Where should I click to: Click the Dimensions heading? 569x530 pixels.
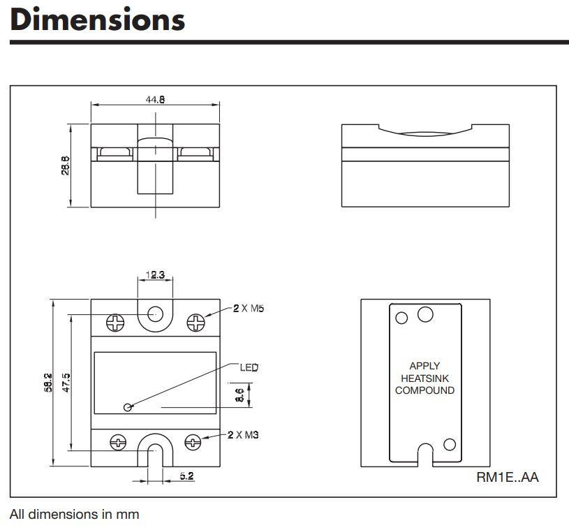(98, 20)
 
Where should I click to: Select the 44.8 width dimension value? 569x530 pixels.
(155, 99)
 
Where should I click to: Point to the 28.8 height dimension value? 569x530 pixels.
(66, 165)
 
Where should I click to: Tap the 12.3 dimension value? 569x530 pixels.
(155, 275)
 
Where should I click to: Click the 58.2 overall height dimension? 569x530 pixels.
(48, 383)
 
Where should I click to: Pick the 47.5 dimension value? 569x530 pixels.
(66, 383)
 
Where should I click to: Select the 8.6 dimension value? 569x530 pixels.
(240, 395)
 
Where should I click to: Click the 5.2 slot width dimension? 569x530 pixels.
(186, 476)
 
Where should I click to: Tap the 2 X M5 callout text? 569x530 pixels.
(249, 308)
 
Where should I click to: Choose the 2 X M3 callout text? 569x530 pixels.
(243, 434)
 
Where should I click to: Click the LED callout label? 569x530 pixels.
(249, 367)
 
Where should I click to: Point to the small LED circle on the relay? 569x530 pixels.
(127, 407)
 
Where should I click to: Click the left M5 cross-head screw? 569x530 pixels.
(115, 323)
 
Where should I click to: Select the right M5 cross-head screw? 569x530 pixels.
(195, 323)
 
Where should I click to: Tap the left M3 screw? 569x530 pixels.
(118, 442)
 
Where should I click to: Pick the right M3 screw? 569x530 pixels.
(193, 442)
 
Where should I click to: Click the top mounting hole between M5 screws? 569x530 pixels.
(155, 314)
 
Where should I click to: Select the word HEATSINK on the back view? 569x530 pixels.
(424, 378)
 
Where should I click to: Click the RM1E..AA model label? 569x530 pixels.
(508, 477)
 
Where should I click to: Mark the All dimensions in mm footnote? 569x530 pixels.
(75, 514)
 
